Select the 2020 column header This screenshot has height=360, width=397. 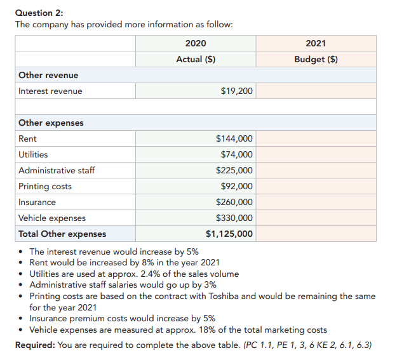pos(196,43)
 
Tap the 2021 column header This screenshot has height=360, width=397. pos(316,43)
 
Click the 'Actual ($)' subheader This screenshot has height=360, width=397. pos(196,59)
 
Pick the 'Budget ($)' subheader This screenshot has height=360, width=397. pos(316,59)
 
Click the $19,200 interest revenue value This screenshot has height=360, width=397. pos(237,91)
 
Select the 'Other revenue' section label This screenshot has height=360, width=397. pos(48,75)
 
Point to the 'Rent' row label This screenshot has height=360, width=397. pos(27,138)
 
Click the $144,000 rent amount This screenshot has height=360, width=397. pos(234,138)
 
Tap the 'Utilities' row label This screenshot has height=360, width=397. pos(33,154)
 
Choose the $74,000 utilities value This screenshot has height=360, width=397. pos(237,154)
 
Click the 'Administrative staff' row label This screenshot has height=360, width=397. pos(57,170)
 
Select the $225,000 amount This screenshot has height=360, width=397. pos(234,170)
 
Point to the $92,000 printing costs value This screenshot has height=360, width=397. pos(237,186)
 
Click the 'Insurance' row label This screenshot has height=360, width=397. pos(37,202)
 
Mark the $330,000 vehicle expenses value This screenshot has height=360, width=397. pos(234,218)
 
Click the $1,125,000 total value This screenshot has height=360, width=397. pos(229,234)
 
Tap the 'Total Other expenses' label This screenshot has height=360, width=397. pos(62,234)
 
